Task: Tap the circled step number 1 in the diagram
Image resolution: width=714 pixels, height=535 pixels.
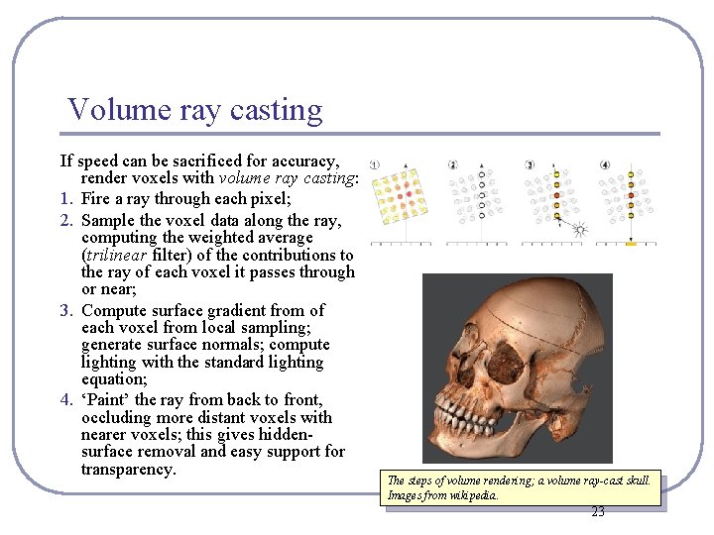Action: [375, 164]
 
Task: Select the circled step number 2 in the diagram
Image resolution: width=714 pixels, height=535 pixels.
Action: [452, 164]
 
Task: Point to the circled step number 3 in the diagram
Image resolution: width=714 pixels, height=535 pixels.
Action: [530, 164]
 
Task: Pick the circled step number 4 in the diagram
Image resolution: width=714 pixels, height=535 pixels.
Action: [605, 164]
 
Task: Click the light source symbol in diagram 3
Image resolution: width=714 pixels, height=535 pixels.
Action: [580, 230]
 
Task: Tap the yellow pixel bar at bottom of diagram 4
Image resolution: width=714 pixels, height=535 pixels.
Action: [631, 243]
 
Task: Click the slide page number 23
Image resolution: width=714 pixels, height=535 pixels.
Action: [597, 512]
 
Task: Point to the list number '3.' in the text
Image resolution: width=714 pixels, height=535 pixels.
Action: [65, 311]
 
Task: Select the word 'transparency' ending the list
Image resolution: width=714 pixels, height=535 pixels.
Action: [128, 469]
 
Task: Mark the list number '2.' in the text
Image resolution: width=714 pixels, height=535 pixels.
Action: [65, 220]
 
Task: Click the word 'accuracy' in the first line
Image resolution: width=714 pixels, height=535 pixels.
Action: [298, 160]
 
